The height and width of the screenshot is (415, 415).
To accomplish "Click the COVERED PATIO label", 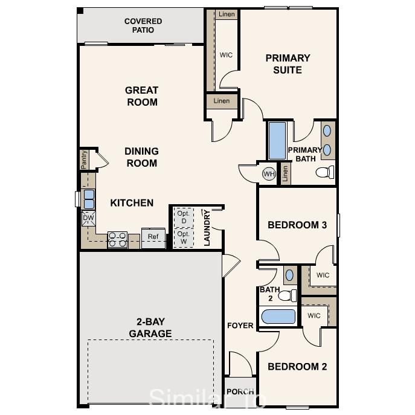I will coord(143,25).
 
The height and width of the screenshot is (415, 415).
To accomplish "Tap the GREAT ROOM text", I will coord(142,96).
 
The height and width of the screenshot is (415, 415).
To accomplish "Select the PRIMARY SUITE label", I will coord(288,64).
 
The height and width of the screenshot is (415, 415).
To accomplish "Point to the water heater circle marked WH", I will coord(269,174).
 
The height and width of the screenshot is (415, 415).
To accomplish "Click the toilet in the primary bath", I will coord(325,173).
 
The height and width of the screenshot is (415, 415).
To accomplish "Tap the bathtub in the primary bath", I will coord(277,141).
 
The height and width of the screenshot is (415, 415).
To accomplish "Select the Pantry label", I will coord(85,160).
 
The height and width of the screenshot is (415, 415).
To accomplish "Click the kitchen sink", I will coord(89,199).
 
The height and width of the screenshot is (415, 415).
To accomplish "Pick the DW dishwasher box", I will coord(88,218).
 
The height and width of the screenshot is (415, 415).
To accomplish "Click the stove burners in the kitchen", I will coord(117,240).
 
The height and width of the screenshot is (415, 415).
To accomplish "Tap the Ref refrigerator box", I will coord(153,237).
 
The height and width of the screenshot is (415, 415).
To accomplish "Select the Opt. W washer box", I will coord(184,237).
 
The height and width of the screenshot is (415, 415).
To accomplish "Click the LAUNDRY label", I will coord(207,228).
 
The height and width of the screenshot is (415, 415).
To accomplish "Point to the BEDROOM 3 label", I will coord(297,225).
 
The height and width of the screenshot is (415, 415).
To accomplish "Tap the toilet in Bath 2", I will coord(289,295).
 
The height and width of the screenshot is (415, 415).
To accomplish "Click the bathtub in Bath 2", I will coord(277,317).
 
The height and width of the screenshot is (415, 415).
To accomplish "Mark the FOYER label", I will coord(240,326).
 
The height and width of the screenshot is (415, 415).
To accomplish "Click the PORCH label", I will coord(240,391).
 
